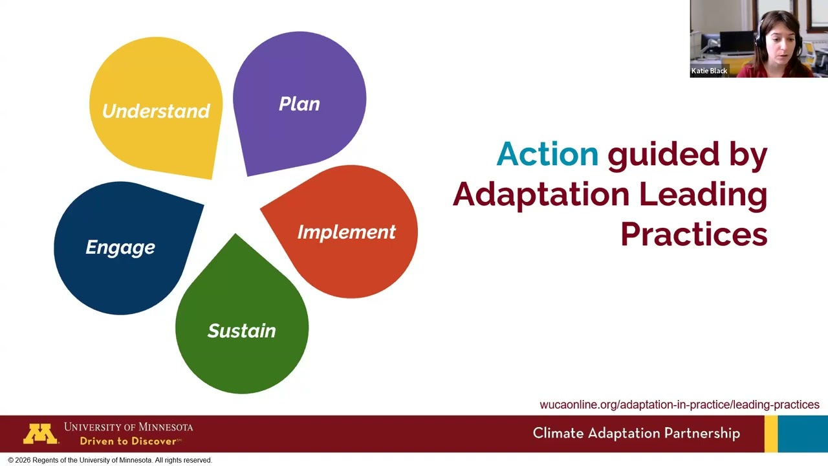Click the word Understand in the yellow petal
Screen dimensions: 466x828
[156, 111]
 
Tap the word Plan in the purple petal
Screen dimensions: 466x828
[299, 104]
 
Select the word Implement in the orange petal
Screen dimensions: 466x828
[346, 232]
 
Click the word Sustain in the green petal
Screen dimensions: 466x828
[241, 331]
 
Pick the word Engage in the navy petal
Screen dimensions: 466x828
[120, 247]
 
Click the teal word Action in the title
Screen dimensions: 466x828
[547, 154]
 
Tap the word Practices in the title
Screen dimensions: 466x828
[693, 234]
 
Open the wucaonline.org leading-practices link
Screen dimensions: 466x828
[679, 405]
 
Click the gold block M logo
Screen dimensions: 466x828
[41, 434]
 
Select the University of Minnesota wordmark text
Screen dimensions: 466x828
[128, 427]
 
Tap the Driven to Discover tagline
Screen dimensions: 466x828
[129, 441]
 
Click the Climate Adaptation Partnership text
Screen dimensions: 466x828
[636, 433]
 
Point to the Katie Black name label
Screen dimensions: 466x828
[710, 71]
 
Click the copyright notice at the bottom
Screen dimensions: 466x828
[110, 460]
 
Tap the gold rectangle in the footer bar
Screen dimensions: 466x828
[770, 434]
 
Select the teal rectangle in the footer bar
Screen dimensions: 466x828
[803, 434]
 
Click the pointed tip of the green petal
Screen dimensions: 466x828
[235, 236]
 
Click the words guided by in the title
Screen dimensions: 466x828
[687, 154]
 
